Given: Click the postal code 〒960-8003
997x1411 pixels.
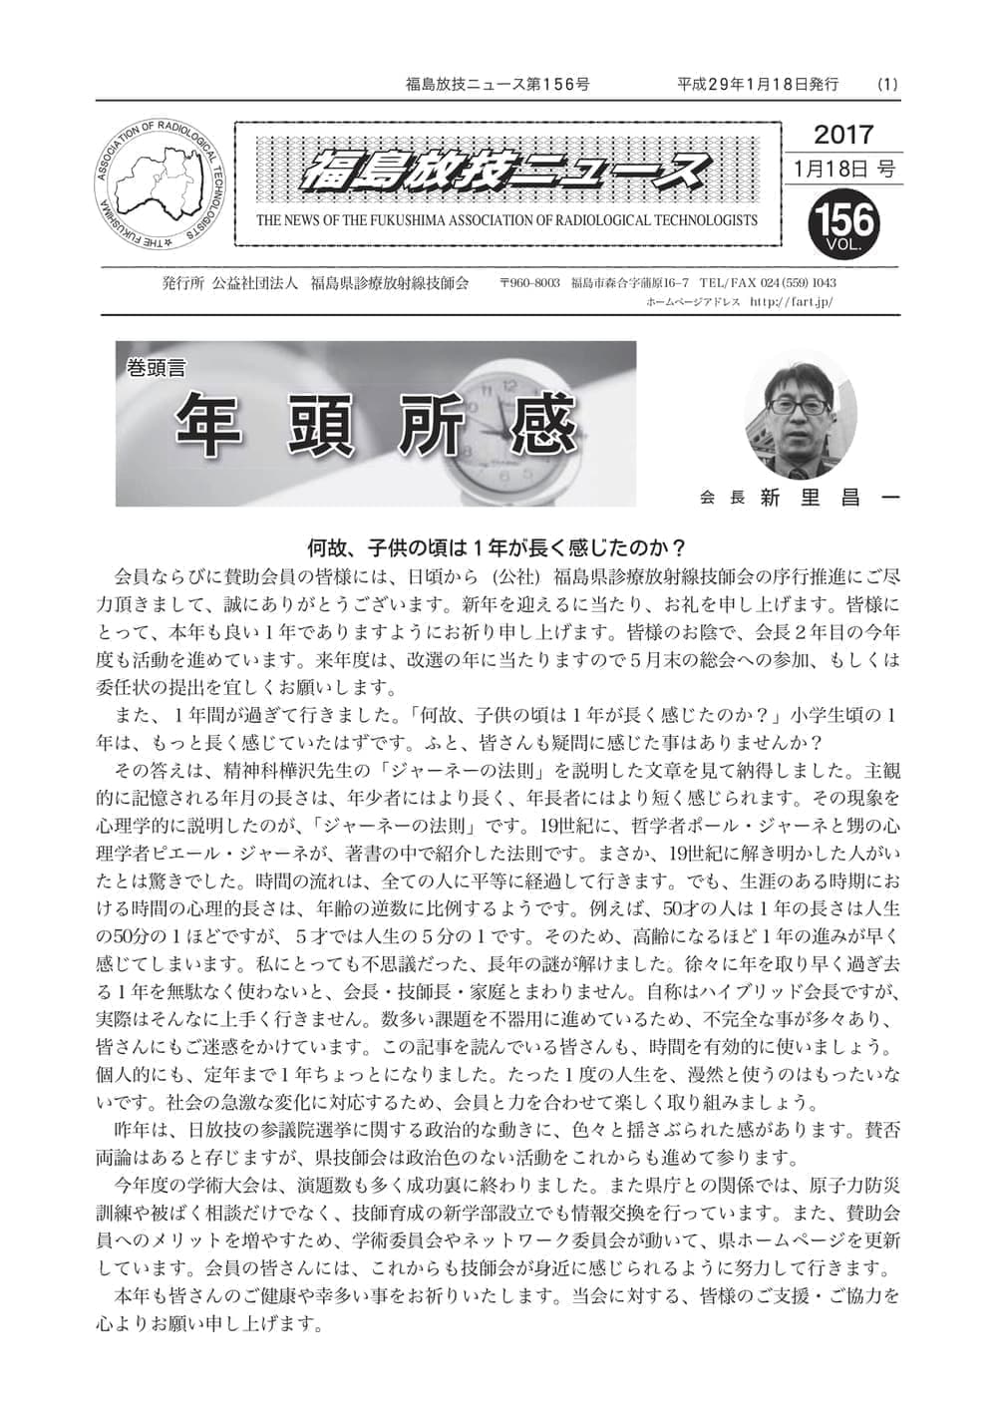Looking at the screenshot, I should (x=529, y=283).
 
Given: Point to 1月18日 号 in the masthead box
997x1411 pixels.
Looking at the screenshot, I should (x=843, y=168).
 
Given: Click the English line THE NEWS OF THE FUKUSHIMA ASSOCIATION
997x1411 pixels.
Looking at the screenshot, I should (x=506, y=220).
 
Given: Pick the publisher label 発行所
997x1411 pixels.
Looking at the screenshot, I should (x=182, y=283).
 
